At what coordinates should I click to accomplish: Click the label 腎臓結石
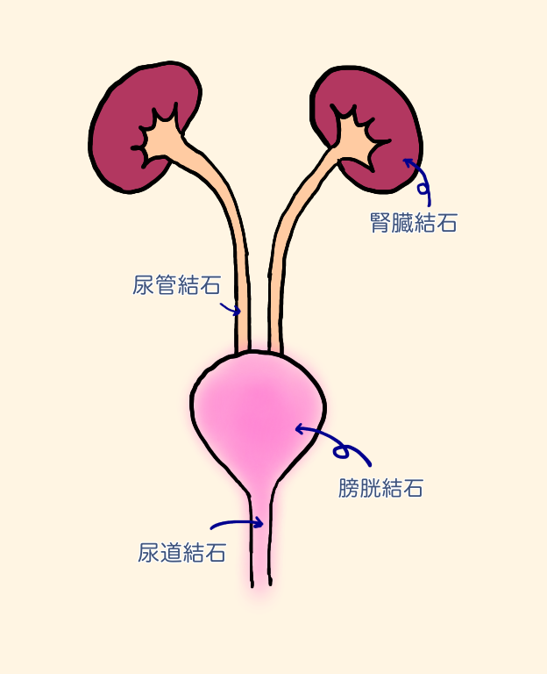414,223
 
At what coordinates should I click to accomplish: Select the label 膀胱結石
380,488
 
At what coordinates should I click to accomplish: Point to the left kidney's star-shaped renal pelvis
160,136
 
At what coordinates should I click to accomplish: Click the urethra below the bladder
261,544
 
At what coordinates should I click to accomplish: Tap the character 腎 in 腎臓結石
381,223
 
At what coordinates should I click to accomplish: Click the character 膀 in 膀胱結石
349,488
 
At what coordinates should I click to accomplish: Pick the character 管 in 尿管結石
165,285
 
